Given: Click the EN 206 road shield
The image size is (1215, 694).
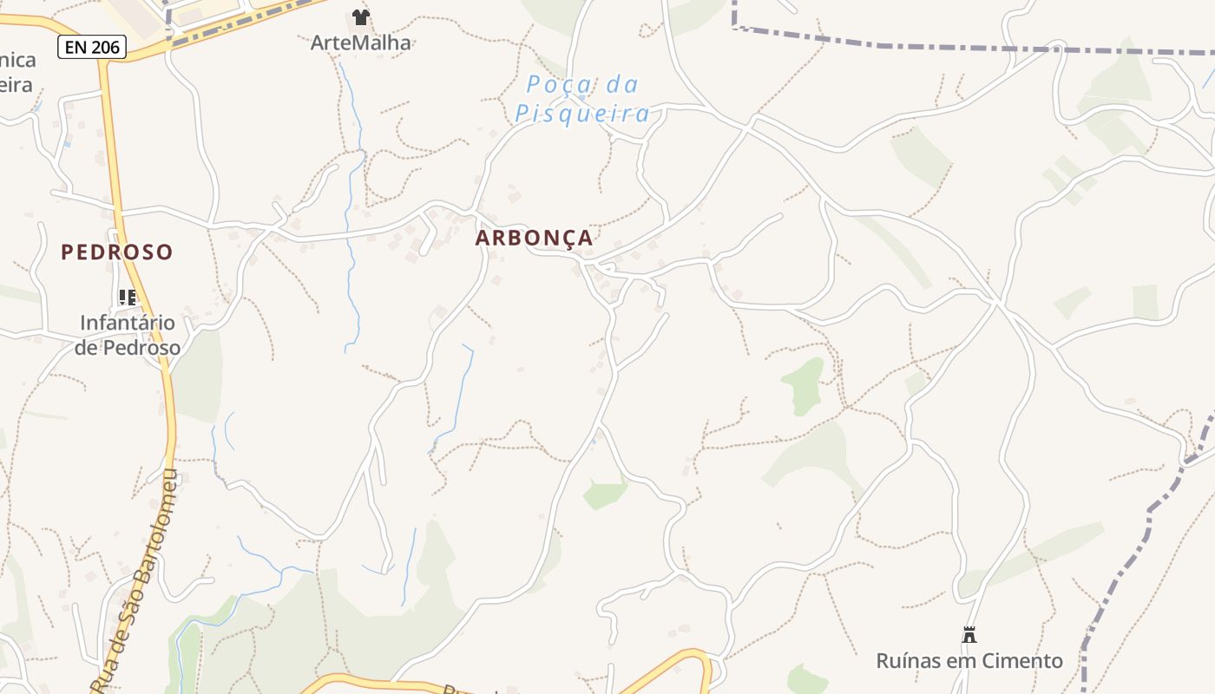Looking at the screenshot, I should click(x=92, y=47).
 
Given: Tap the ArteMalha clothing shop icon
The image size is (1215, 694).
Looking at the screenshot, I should click(x=361, y=17).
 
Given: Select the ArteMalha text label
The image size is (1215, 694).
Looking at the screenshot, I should click(x=361, y=43).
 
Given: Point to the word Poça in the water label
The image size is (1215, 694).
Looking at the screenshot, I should click(x=557, y=84).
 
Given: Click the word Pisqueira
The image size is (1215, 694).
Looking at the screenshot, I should click(x=582, y=114).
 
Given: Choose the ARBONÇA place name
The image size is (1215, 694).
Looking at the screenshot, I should click(x=535, y=238).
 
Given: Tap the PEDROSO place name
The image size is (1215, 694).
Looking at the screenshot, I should click(x=117, y=252).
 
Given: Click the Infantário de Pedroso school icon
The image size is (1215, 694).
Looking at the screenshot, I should click(x=128, y=298).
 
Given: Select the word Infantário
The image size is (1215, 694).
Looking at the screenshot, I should click(x=128, y=323).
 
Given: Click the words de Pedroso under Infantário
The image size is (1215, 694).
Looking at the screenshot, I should click(x=128, y=348).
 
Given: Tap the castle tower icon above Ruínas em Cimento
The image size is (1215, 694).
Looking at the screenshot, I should click(x=969, y=635).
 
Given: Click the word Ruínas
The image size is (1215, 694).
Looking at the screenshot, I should click(x=909, y=661).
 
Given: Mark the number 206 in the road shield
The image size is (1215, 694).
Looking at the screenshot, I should click(x=105, y=47).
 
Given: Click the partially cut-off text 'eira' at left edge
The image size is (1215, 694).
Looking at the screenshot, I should click(x=16, y=85).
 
